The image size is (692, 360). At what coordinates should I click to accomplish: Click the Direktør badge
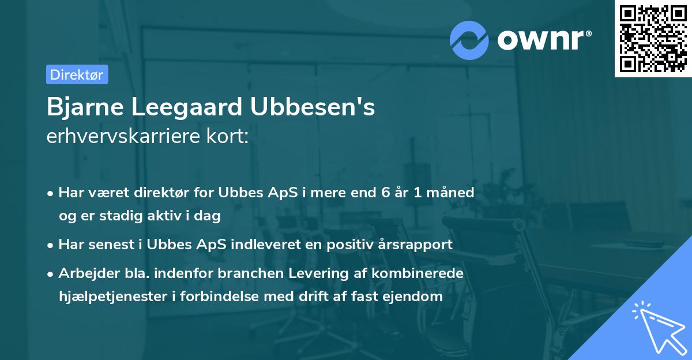click(x=77, y=74)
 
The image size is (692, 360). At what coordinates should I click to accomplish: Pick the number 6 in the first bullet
click(x=386, y=193)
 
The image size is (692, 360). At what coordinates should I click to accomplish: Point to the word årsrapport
click(x=417, y=245)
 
